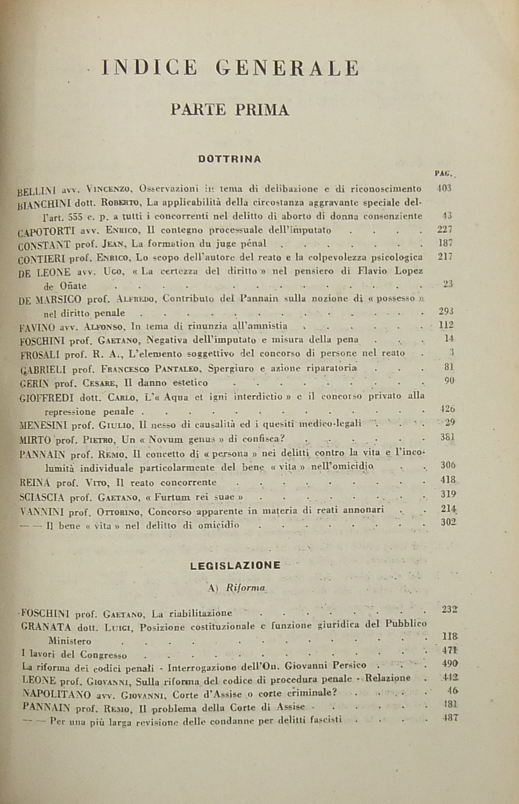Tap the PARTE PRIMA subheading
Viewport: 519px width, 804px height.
pos(230,110)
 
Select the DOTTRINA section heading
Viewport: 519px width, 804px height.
pos(229,159)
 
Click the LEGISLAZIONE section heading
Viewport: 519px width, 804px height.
pos(235,565)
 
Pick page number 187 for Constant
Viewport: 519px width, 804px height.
pos(445,243)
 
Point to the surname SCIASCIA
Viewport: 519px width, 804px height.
pos(42,497)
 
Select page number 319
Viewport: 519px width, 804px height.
pos(448,494)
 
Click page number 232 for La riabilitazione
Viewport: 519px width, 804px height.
pos(449,609)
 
